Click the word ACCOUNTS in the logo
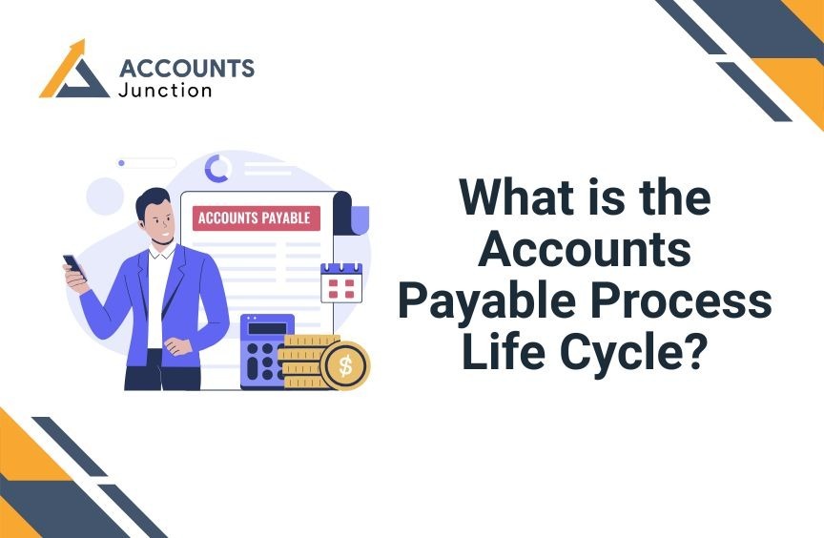(x=187, y=69)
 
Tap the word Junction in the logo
(x=165, y=91)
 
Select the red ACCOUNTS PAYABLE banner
(x=256, y=218)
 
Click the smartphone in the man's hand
(x=74, y=266)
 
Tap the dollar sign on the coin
(x=345, y=365)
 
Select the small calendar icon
(x=341, y=282)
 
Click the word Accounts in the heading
(x=585, y=249)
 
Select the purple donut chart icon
(x=217, y=169)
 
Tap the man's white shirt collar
(x=161, y=251)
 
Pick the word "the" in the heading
(x=675, y=197)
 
